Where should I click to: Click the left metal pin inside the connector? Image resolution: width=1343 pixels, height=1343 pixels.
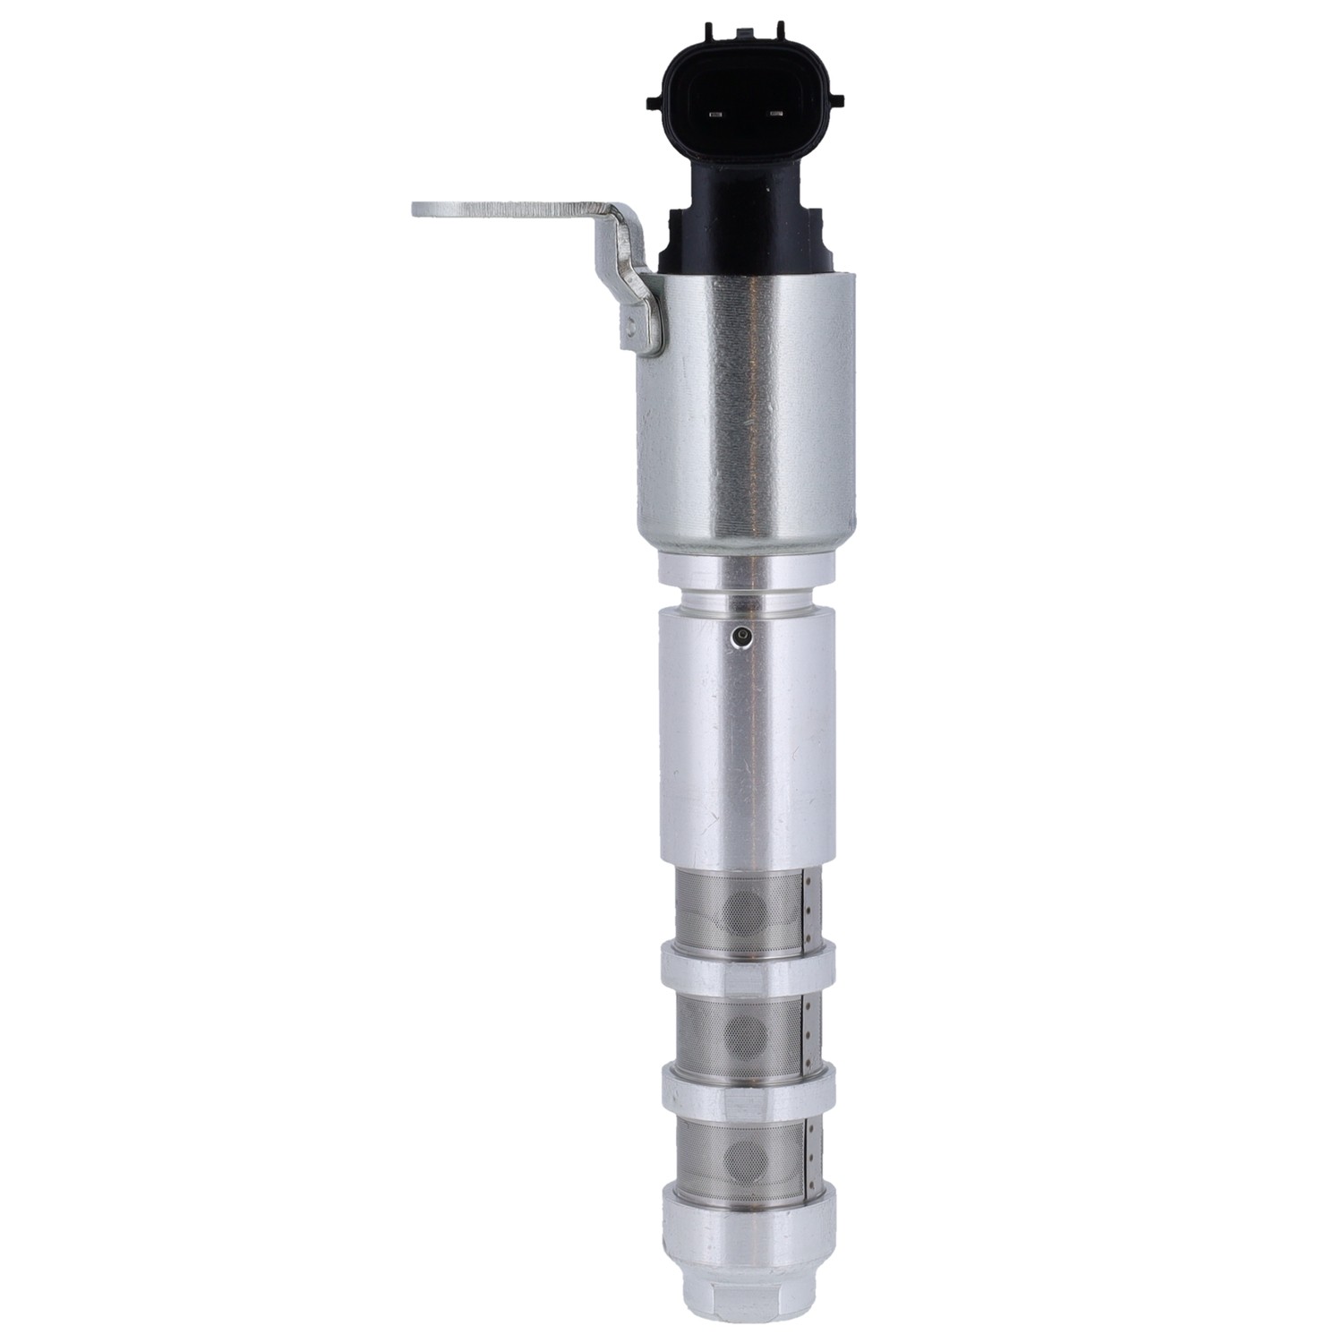[x=714, y=115]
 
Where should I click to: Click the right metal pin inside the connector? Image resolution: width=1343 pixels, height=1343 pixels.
[x=775, y=115]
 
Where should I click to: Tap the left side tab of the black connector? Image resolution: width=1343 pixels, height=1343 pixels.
[x=654, y=98]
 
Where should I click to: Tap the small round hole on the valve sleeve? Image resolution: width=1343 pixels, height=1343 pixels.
[x=740, y=637]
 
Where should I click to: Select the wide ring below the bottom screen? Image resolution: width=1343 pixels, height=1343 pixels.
[x=748, y=1227]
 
